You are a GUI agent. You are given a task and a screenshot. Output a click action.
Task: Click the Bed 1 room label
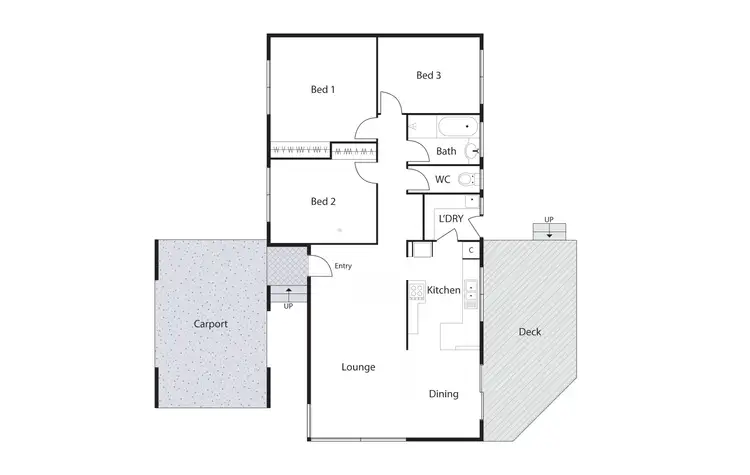click(321, 89)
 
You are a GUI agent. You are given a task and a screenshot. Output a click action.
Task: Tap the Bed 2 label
click(322, 201)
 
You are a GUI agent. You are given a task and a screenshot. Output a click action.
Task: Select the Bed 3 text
click(429, 75)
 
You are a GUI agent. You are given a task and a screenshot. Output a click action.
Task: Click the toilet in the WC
click(472, 180)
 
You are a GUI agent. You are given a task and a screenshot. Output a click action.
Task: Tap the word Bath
click(446, 152)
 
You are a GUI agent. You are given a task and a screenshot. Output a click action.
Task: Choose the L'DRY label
click(448, 217)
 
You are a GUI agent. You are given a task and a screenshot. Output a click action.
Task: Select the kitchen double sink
click(471, 292)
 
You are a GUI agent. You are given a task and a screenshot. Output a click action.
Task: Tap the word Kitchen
click(443, 291)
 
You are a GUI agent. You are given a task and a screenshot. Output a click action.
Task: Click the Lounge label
click(358, 367)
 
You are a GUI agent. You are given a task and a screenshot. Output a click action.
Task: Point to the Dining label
click(444, 394)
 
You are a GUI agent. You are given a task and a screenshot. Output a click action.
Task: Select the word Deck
click(530, 332)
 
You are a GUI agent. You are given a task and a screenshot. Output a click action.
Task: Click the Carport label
click(210, 324)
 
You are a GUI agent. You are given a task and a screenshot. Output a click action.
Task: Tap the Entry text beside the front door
click(344, 266)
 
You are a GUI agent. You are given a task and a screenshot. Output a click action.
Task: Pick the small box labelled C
click(471, 250)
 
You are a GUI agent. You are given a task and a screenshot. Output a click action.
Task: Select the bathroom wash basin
click(474, 151)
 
